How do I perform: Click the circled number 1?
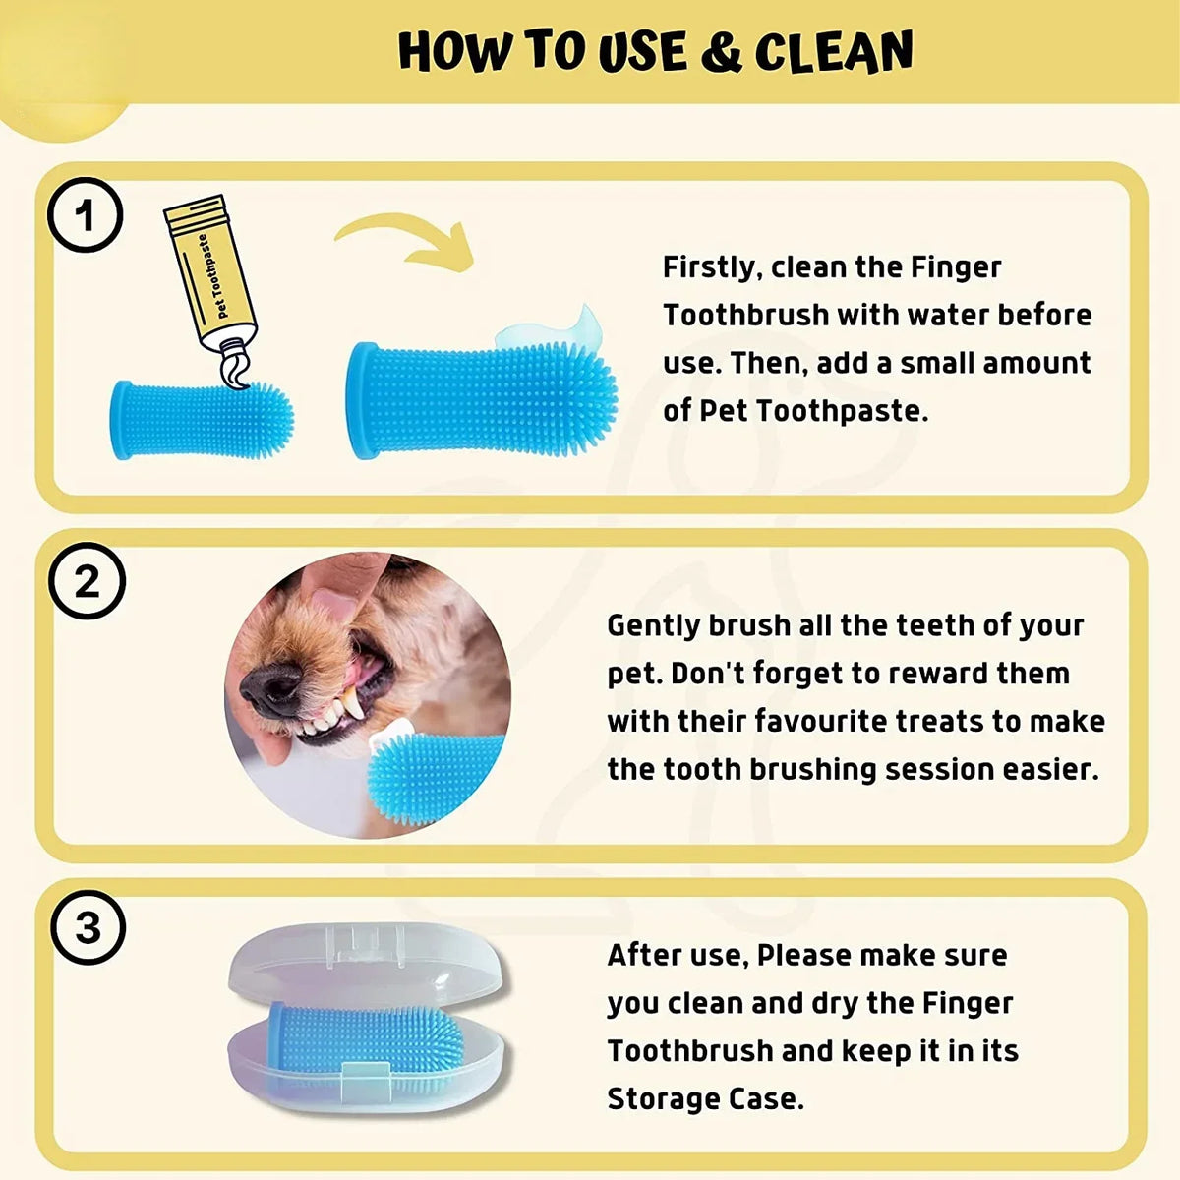coord(86,215)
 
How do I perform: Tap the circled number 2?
coord(88,582)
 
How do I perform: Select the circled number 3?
coord(88,927)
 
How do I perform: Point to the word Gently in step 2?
coord(654,625)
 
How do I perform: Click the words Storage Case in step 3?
coord(703,1098)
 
